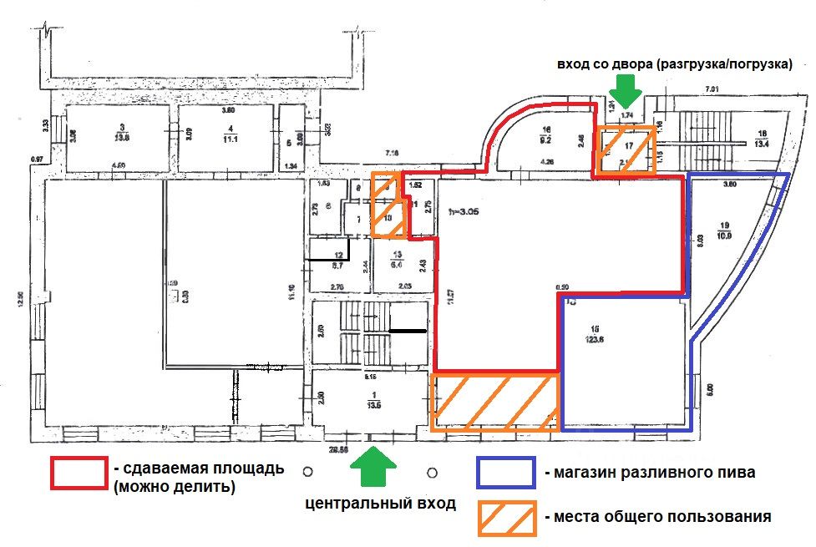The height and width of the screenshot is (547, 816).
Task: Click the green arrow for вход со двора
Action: coord(624,88)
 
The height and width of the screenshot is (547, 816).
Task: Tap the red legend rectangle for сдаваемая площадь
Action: coord(79,473)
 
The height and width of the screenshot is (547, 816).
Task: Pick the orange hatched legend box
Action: coord(506,518)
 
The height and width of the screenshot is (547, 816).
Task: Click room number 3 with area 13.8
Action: coord(122,133)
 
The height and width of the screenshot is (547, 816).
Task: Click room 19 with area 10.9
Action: coord(723,231)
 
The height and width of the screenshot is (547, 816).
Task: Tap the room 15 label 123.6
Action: coord(596,334)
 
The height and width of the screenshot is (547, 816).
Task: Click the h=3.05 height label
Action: coord(464,211)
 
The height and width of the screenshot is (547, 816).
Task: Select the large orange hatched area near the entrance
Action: coord(494,403)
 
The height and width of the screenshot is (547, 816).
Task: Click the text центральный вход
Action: coord(380,504)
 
